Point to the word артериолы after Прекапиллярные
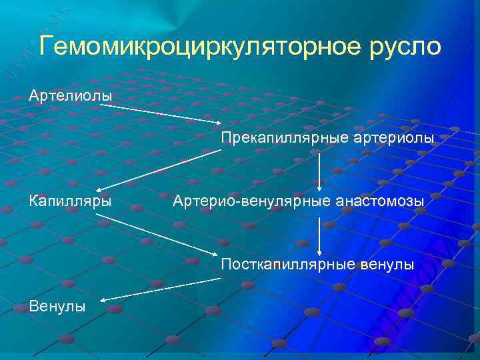pos(394,137)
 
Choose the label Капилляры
pos(69,200)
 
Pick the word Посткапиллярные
pos(279,265)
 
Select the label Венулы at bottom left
pos(57,307)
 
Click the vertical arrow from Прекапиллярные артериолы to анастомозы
pos(320,169)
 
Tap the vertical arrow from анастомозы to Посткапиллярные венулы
pos(320,233)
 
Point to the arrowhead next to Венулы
pos(107,302)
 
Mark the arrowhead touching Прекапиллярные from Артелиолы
pos(219,122)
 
